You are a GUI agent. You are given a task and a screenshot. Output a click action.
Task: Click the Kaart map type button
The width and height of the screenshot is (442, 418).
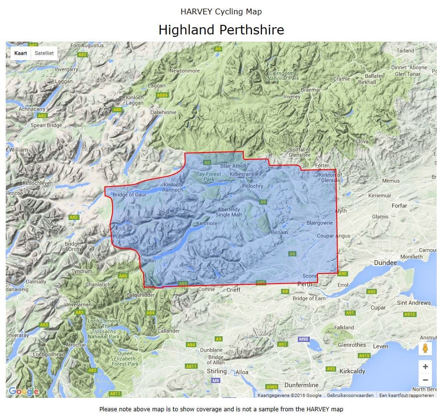click(x=21, y=53)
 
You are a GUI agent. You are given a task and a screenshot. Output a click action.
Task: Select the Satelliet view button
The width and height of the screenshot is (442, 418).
click(x=44, y=53)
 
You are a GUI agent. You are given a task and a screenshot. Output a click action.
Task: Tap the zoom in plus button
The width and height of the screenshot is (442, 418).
click(x=425, y=366)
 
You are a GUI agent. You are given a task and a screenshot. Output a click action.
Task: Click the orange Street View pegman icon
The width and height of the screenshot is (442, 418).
click(x=425, y=349)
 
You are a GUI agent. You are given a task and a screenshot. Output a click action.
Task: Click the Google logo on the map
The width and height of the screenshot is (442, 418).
click(x=23, y=392)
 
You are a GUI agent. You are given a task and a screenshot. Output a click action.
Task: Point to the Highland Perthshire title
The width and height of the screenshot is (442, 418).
click(x=221, y=30)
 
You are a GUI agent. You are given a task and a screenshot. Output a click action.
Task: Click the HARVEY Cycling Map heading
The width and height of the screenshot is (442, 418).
click(x=221, y=11)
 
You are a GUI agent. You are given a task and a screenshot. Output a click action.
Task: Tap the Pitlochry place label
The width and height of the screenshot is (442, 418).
click(x=253, y=186)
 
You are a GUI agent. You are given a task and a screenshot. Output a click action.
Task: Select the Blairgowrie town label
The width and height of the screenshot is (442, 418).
click(x=319, y=223)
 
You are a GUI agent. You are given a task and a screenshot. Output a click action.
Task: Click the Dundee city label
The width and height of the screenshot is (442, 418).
click(x=385, y=263)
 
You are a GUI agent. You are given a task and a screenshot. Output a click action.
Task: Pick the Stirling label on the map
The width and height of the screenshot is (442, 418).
click(x=216, y=371)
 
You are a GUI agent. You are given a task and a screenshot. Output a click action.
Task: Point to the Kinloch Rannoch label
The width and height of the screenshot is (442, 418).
click(x=173, y=187)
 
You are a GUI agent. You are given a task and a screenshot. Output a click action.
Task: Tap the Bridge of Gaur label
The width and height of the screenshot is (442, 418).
click(x=129, y=195)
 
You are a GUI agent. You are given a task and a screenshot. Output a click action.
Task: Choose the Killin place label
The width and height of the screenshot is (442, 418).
click(x=150, y=260)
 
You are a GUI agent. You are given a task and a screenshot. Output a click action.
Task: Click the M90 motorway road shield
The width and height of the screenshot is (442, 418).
click(x=303, y=339)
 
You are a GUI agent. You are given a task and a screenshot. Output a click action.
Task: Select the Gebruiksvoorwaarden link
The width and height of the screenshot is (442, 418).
click(x=350, y=396)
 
